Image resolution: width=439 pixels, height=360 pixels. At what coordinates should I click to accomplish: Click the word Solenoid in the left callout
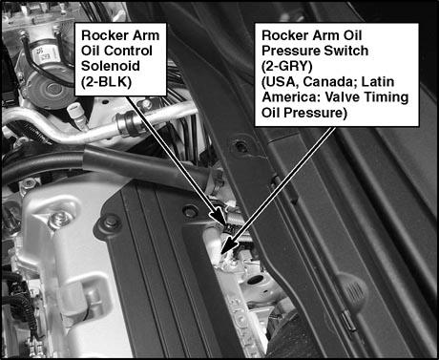tap(111, 66)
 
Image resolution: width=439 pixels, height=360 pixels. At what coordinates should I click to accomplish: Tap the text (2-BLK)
tap(106, 82)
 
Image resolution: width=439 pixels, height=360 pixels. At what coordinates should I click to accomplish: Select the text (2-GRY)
tap(287, 66)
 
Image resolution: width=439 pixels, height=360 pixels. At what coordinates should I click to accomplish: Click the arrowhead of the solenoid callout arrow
tap(219, 216)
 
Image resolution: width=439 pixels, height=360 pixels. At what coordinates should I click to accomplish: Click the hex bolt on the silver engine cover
tap(58, 221)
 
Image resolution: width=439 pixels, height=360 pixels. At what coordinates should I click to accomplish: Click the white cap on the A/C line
tap(75, 110)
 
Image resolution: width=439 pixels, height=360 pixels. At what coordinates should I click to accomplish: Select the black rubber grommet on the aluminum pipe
tap(128, 121)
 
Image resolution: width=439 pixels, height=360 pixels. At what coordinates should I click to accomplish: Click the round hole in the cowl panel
tap(241, 146)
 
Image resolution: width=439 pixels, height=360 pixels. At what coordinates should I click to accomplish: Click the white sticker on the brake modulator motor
tap(48, 53)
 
